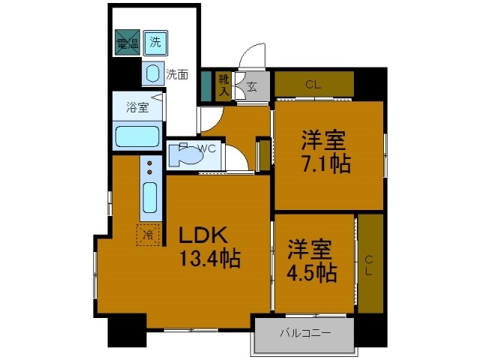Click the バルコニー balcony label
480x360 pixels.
coord(305,332)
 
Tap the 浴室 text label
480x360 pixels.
coord(136,107)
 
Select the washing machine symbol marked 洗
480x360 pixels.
coord(155,42)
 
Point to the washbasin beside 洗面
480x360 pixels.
coord(152,73)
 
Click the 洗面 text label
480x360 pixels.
coord(177,74)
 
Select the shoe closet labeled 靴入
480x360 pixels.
coord(223,84)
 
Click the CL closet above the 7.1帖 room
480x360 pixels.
coord(313,84)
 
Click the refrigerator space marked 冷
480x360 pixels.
coord(148,235)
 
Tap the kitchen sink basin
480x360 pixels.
coord(150,199)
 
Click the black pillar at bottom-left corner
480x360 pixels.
coord(126,331)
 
